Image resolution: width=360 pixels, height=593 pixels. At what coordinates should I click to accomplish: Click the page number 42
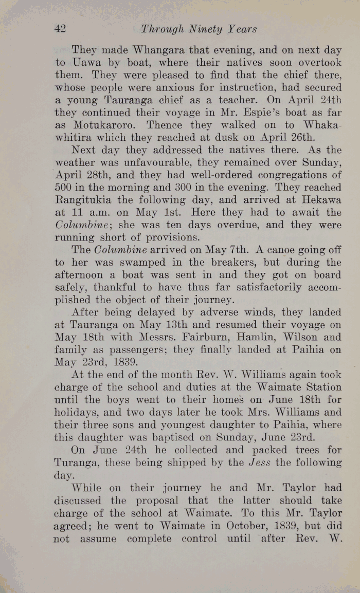pos(60,29)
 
